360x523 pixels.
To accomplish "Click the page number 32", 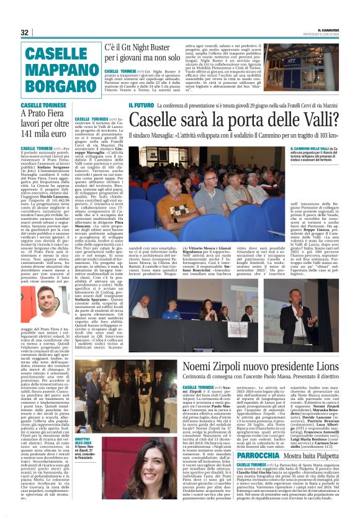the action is [25, 33].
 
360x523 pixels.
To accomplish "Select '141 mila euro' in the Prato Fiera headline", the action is [42, 133].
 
